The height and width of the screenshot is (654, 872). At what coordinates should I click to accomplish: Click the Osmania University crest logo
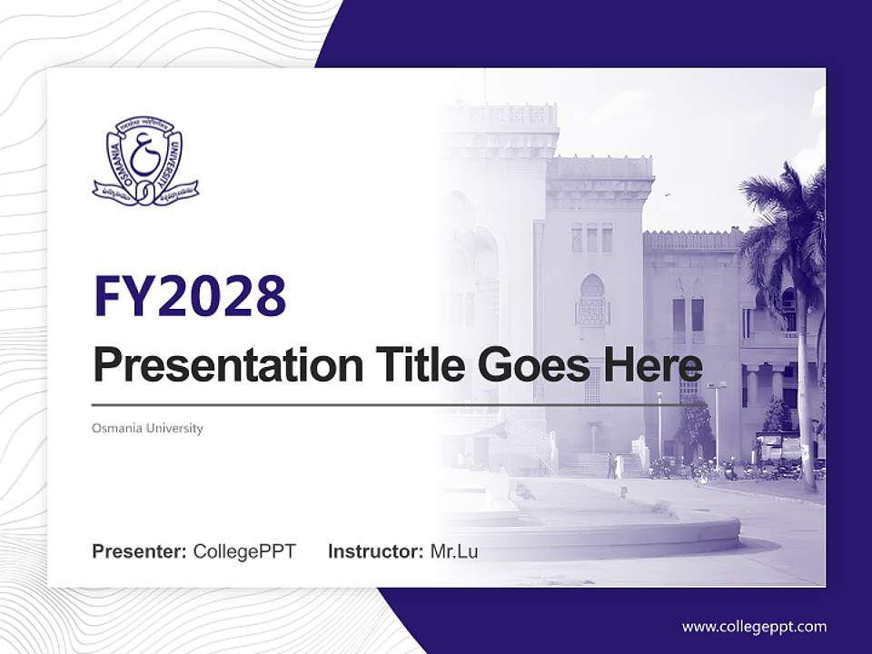tap(145, 162)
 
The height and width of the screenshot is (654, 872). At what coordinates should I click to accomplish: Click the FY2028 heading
tap(190, 296)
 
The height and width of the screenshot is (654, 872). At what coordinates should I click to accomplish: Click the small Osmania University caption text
tap(147, 428)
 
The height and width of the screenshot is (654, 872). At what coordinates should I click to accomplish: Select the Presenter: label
tap(140, 551)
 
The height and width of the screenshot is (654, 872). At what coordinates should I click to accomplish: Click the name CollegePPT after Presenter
tap(244, 551)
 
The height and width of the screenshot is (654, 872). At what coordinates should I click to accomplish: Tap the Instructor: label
tap(375, 551)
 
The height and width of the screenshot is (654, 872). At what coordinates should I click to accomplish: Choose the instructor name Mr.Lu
tap(454, 551)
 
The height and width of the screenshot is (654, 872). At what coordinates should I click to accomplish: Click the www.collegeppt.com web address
tap(754, 626)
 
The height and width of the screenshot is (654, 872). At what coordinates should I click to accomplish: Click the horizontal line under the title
tap(400, 404)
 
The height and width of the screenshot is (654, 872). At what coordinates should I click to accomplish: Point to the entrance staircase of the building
tap(581, 463)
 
